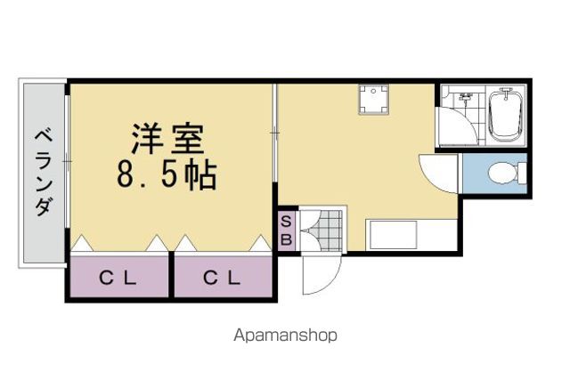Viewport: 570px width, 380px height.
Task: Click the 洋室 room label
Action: [167, 139]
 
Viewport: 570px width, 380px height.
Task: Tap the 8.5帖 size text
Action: [167, 175]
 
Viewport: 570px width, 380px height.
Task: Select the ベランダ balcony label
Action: [45, 174]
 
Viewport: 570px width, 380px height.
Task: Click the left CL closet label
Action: [118, 279]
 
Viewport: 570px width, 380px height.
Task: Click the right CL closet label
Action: [222, 279]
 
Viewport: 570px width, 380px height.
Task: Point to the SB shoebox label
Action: [287, 230]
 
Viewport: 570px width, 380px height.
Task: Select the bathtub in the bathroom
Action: [506, 116]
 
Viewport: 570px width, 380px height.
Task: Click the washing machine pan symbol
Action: [374, 99]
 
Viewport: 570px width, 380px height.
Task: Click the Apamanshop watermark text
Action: [285, 336]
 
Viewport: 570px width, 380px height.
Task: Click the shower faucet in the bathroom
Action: [466, 97]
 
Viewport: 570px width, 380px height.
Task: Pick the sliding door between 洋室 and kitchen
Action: [275, 133]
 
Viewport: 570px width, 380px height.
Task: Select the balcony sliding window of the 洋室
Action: [67, 161]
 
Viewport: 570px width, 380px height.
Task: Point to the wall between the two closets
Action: [171, 275]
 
